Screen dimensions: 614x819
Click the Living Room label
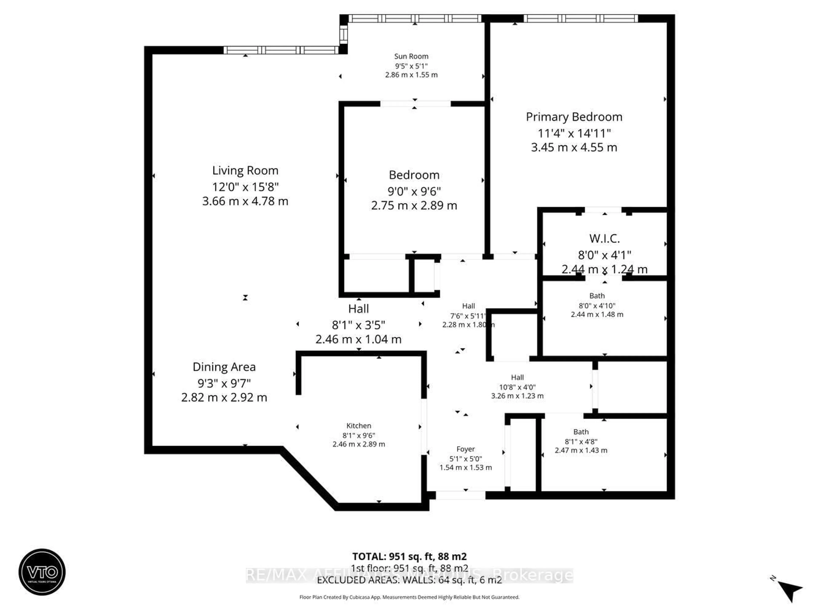pos(245,170)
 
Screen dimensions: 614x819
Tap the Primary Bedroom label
pos(574,117)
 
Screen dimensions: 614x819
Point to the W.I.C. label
pos(604,238)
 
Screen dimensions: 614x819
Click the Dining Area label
pos(224,367)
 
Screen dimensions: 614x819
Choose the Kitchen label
pos(358,426)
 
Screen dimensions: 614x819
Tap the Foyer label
pos(465,449)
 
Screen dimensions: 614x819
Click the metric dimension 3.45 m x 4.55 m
pos(574,147)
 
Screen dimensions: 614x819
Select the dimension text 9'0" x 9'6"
pos(414,191)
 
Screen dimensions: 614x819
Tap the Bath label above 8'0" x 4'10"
pos(597,296)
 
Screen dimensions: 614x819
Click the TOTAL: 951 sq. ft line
pos(409,556)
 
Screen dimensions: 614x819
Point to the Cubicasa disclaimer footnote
pos(409,597)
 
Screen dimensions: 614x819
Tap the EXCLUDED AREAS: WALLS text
pos(409,580)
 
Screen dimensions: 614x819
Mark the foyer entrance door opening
pos(460,495)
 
